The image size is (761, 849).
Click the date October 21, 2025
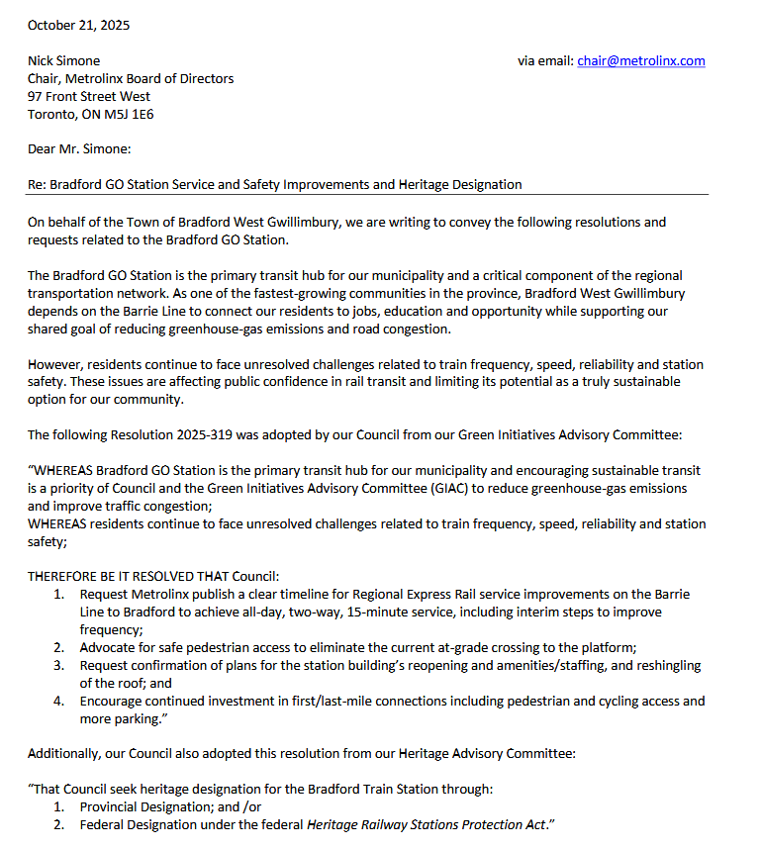click(78, 25)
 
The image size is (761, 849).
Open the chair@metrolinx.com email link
click(641, 60)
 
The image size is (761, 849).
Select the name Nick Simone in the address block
click(63, 60)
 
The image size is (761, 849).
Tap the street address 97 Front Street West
click(89, 96)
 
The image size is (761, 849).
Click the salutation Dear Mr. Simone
click(79, 149)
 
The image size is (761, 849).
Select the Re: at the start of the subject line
click(36, 185)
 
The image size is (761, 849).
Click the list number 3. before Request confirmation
click(59, 666)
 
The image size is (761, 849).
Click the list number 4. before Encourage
click(59, 702)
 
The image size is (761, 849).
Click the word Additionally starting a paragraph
click(62, 753)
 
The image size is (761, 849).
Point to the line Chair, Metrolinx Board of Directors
click(131, 78)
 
